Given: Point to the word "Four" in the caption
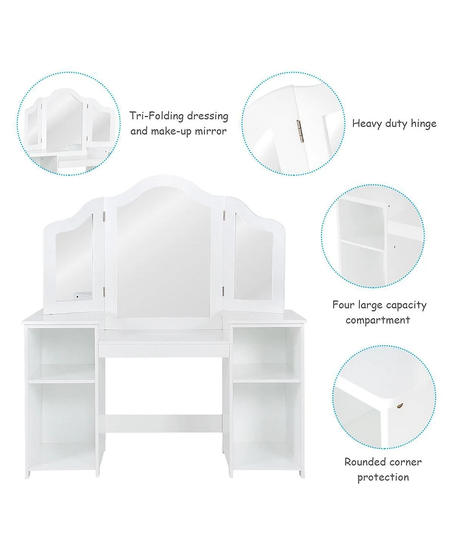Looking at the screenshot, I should (344, 305).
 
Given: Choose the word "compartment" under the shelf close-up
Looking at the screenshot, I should (379, 320).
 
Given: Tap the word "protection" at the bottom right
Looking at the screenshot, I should (382, 477).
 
